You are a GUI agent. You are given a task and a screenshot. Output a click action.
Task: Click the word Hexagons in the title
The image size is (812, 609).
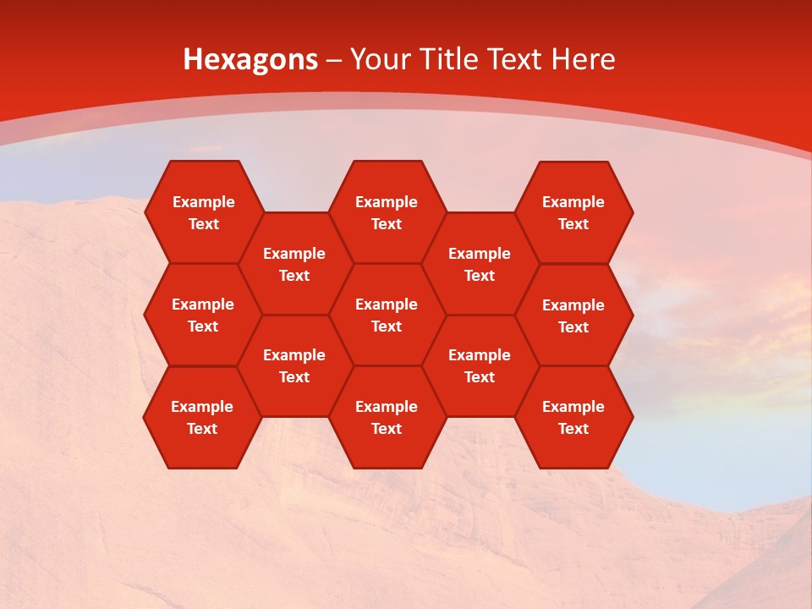click(250, 59)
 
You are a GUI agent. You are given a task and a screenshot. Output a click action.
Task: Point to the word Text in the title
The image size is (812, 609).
click(516, 59)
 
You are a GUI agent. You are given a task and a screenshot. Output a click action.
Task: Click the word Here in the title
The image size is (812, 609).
click(584, 59)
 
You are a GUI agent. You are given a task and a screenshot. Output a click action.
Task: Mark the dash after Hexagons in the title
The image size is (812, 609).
click(333, 60)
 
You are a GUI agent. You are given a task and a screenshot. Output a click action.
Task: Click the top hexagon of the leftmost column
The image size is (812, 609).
click(203, 212)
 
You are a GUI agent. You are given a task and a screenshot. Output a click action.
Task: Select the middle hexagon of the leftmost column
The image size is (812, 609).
click(203, 315)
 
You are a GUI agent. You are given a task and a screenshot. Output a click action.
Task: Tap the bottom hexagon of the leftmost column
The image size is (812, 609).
click(202, 417)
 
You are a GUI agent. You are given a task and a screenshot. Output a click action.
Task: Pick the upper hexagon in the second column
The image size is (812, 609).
click(294, 264)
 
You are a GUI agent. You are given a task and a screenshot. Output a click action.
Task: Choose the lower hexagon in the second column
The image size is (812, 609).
click(294, 365)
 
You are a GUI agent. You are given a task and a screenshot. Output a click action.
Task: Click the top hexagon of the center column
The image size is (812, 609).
click(387, 212)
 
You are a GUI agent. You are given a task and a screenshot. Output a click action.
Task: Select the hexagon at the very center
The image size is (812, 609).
click(387, 315)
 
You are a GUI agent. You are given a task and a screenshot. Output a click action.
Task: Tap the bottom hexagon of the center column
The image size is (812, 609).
click(387, 417)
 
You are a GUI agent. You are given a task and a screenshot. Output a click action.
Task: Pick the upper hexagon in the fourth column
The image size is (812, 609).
click(480, 264)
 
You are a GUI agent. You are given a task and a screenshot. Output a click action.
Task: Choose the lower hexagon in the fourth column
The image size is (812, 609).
click(480, 365)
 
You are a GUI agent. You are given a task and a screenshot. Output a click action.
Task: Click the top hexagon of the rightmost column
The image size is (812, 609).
click(573, 212)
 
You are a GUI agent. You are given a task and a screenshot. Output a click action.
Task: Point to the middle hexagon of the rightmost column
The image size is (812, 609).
click(573, 315)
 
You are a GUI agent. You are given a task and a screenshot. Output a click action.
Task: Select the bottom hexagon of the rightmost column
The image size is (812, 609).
click(573, 417)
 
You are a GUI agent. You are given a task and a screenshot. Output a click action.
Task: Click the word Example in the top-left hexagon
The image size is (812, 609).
click(203, 202)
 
